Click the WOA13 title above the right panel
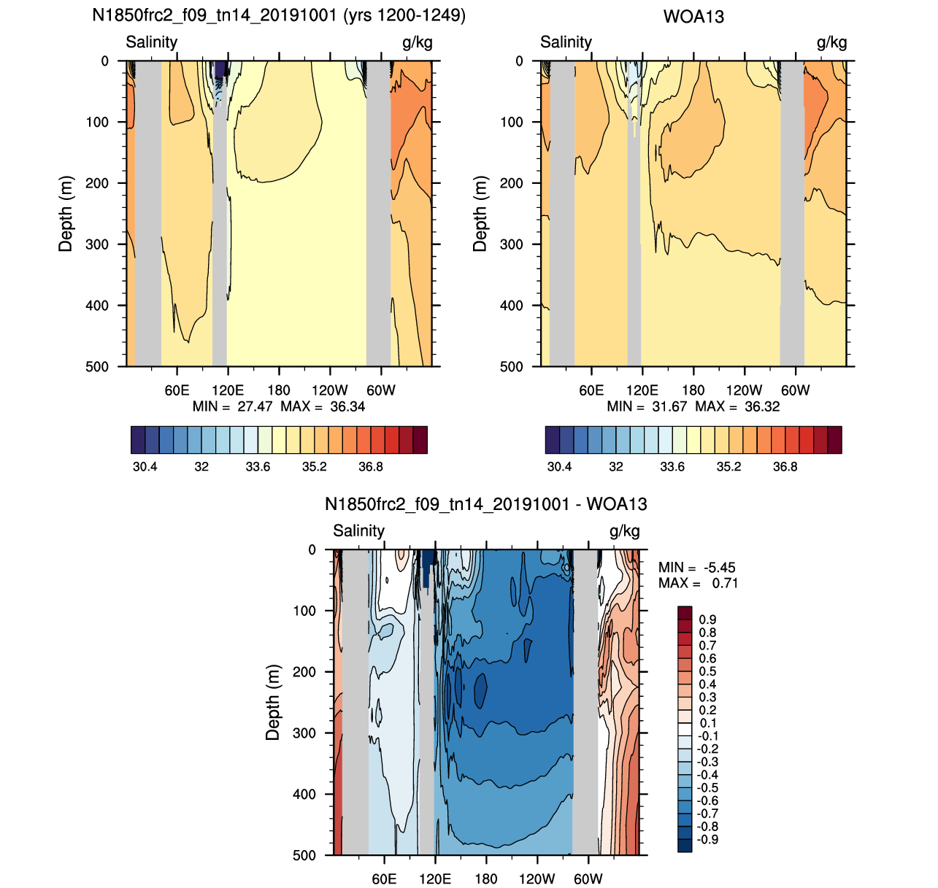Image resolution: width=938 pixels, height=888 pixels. coord(693,17)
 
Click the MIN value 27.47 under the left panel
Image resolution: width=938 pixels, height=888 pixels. coord(255,406)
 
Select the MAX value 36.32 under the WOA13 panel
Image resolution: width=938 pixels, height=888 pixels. coord(762,406)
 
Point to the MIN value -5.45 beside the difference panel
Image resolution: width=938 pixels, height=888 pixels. coord(720,568)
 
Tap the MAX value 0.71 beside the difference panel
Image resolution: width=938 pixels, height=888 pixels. coord(725,583)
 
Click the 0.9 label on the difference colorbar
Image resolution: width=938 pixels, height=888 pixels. coord(707,619)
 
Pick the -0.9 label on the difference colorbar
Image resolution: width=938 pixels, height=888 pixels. coord(707,839)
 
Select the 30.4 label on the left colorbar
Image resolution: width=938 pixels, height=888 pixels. coord(145,466)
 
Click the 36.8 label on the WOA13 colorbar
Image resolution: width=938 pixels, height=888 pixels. coord(785,466)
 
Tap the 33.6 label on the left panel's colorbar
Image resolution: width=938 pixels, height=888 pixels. coord(258,466)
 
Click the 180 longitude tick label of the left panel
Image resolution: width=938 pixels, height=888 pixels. coord(279,390)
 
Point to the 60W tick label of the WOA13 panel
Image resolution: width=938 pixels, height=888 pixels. coord(795,390)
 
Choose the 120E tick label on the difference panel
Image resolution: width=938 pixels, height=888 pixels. coord(434,879)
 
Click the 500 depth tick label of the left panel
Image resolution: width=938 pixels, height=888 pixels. coord(97,367)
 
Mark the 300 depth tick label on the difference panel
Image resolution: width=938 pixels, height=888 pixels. coord(304,733)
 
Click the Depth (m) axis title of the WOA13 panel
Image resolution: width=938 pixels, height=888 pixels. coord(480,214)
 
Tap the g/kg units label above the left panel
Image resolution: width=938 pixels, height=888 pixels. coord(417,43)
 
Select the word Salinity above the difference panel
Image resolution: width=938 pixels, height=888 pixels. coord(358,530)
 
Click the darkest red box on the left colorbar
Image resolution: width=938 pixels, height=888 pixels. coord(420,440)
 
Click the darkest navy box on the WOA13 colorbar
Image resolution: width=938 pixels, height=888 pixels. coord(552,440)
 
